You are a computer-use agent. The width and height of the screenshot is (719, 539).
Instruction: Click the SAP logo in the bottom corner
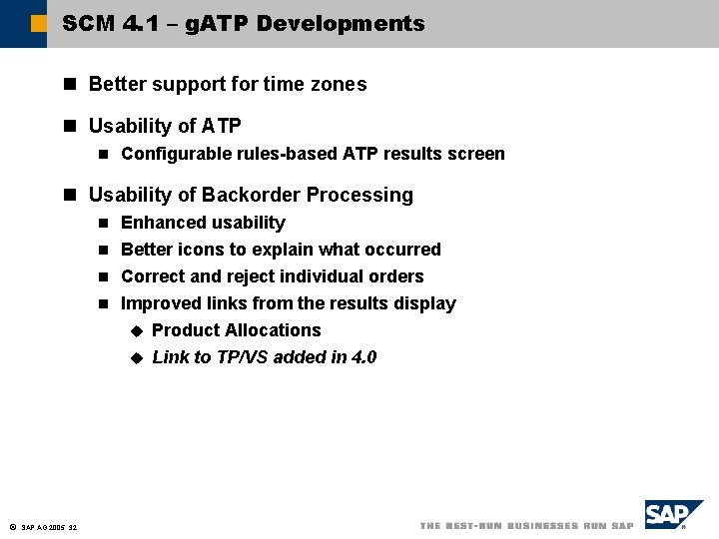point(673,515)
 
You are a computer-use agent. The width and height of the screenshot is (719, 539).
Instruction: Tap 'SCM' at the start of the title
point(88,23)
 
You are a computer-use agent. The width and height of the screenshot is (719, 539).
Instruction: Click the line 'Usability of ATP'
point(165,126)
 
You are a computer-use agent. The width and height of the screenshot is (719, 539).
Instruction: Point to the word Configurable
point(176,154)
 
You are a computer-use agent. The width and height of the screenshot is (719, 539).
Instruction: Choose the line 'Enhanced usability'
point(203,223)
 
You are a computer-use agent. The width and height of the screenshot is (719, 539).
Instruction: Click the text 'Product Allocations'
point(236,330)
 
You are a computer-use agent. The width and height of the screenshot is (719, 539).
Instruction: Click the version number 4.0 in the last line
point(363,357)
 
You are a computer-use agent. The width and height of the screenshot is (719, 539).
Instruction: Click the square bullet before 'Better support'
point(70,85)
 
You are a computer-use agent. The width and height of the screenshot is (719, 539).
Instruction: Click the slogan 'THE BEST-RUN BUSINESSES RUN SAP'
point(526,526)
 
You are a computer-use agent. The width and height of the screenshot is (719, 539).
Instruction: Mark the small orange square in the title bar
point(38,23)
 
